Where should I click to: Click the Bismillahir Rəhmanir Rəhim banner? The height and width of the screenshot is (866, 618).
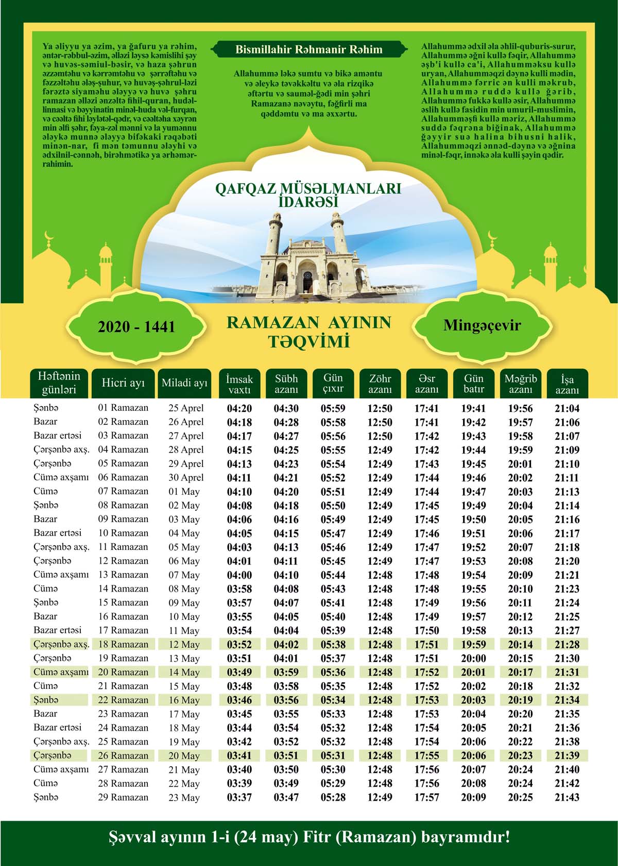coord(308,50)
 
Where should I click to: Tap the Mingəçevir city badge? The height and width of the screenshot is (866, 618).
coord(482,325)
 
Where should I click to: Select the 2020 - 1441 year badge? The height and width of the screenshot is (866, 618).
coord(136,326)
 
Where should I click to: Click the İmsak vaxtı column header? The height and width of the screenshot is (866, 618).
coord(239,384)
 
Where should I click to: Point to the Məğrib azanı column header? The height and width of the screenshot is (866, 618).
coord(520,384)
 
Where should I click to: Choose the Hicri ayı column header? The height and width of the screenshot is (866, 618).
coord(123,383)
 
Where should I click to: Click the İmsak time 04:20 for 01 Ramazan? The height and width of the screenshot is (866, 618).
coord(239,408)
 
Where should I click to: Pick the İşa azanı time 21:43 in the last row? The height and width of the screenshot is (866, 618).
coord(566,797)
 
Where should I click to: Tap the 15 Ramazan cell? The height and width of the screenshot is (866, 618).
coord(123,602)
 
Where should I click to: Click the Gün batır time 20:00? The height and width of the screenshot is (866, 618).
coord(473,658)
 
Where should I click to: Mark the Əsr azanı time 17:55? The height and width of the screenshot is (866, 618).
coord(426,755)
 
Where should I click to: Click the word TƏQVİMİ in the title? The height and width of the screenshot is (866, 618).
coord(308,341)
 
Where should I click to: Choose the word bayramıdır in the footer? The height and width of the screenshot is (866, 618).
coord(465,837)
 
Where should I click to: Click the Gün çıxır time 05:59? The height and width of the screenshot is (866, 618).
coord(333,408)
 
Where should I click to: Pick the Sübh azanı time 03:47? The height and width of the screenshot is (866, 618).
coord(286,797)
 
